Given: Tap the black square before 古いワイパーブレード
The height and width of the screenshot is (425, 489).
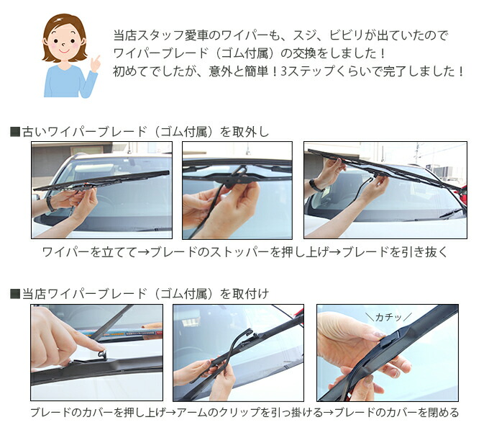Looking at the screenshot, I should pos(15,132).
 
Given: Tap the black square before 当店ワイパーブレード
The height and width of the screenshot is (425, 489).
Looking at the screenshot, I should pos(15,293).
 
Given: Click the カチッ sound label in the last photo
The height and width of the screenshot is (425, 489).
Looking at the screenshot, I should pos(389,316).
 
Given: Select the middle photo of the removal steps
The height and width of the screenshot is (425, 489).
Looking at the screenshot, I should pos(237,189).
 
